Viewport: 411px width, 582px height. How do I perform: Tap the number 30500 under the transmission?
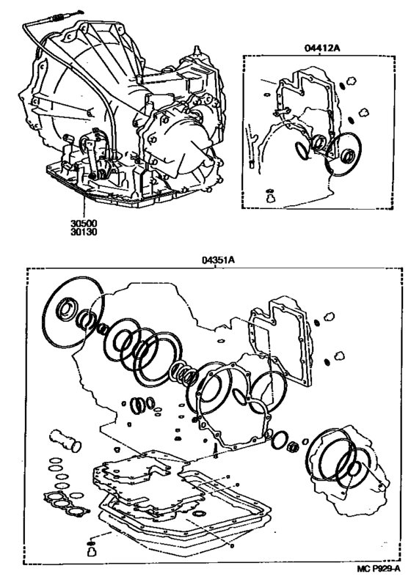pyautogui.click(x=84, y=224)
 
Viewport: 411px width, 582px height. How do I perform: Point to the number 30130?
pyautogui.click(x=84, y=232)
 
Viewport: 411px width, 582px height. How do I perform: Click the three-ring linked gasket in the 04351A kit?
pyautogui.click(x=67, y=504)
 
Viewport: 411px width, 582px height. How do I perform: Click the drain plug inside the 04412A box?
pyautogui.click(x=270, y=196)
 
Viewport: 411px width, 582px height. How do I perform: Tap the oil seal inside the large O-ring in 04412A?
pyautogui.click(x=349, y=155)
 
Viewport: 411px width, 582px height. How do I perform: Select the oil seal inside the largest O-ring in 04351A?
pyautogui.click(x=68, y=307)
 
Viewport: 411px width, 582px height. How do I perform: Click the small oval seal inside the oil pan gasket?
pyautogui.click(x=200, y=513)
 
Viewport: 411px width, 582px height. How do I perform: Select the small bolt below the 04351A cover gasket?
pyautogui.click(x=215, y=451)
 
